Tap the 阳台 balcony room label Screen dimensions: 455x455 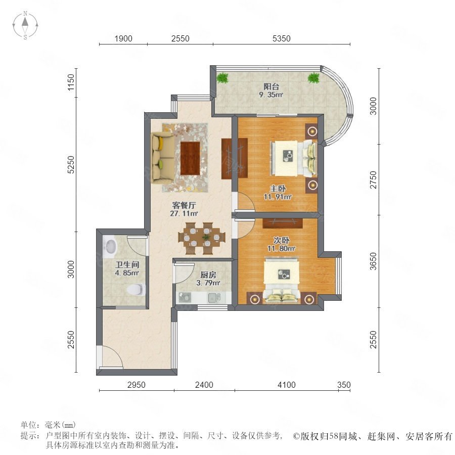tap(271, 86)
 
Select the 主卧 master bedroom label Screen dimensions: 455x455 tap(278, 189)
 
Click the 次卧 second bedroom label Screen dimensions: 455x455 tap(281, 240)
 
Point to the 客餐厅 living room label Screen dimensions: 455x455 tap(184, 205)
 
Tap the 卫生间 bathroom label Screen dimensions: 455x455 tap(127, 264)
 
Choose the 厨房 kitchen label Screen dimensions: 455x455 tap(208, 275)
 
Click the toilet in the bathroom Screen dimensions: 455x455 tap(136, 290)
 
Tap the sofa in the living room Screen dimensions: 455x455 tap(163, 158)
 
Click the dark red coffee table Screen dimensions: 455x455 tap(190, 158)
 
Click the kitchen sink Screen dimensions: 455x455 tap(214, 297)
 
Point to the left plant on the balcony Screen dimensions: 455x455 tap(222, 78)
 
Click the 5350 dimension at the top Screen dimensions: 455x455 tap(281, 38)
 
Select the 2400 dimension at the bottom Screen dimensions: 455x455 tap(204, 385)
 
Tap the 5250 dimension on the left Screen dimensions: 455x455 tap(71, 164)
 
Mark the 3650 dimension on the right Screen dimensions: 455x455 tap(373, 261)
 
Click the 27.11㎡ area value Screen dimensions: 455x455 tap(184, 213)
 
